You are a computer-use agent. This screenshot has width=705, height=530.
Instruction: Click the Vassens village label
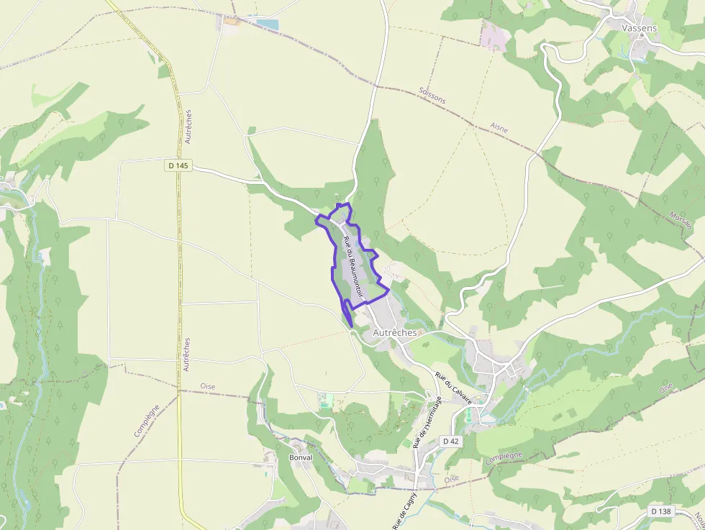[638, 27]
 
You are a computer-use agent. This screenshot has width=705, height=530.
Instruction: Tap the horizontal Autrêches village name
[395, 333]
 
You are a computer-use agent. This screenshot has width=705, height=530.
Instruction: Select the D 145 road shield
[178, 166]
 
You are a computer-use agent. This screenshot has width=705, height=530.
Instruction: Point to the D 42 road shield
[450, 441]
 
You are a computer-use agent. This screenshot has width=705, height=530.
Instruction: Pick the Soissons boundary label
[432, 96]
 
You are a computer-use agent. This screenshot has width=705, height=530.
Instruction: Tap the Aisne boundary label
[499, 127]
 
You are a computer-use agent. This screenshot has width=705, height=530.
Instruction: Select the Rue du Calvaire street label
[453, 388]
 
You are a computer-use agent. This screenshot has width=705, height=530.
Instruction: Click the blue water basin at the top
[268, 24]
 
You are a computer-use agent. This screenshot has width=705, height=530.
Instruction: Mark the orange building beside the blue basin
[231, 22]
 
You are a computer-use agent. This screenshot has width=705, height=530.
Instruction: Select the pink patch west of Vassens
[493, 34]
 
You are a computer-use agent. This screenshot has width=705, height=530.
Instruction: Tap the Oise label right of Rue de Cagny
[452, 479]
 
